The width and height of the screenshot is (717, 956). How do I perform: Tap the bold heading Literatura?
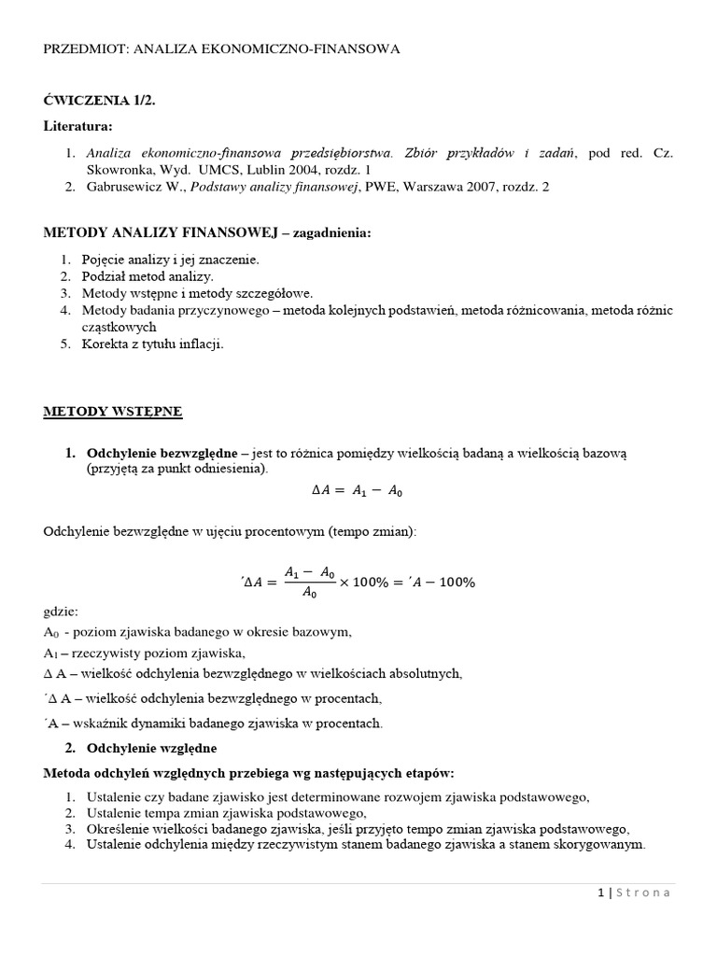click(77, 125)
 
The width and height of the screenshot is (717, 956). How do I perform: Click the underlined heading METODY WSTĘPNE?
click(113, 411)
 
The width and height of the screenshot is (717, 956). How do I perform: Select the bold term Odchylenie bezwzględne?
click(162, 453)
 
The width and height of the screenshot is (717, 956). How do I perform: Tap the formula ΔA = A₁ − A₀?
click(357, 490)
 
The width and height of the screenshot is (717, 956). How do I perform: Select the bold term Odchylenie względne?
click(151, 748)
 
